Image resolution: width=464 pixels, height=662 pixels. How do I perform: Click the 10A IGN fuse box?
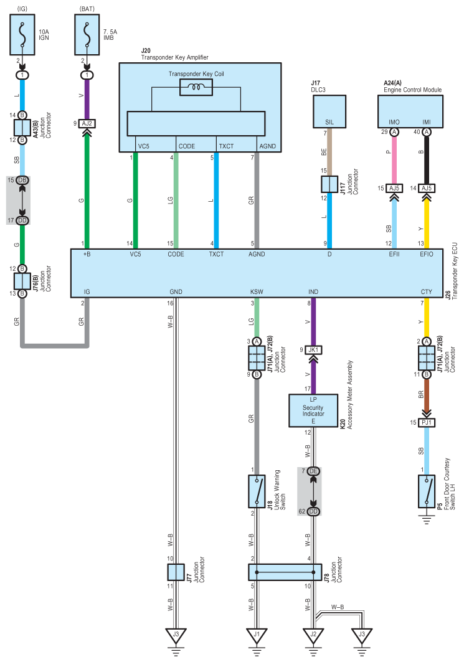(22, 35)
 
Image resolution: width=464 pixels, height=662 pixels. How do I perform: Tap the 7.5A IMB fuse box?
(87, 35)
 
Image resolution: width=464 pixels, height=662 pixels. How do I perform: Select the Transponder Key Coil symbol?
(196, 87)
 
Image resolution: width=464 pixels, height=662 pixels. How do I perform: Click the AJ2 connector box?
(87, 123)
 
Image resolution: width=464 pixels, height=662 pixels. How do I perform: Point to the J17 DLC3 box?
(329, 111)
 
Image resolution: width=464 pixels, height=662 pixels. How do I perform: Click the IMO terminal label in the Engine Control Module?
(394, 122)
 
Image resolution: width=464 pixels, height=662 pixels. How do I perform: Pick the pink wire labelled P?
(394, 160)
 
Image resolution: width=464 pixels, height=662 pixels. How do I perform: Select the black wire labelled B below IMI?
(427, 160)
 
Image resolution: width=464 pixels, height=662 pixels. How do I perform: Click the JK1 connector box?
(313, 349)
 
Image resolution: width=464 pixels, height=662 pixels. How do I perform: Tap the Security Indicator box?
(313, 410)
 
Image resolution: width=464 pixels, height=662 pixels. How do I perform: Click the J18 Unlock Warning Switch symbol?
(257, 491)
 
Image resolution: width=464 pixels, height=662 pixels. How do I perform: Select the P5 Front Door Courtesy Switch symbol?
(427, 491)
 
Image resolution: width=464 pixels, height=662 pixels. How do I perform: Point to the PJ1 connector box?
(427, 422)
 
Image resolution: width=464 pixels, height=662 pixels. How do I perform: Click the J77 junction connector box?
(176, 572)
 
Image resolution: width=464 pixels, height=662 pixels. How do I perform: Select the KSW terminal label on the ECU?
(257, 291)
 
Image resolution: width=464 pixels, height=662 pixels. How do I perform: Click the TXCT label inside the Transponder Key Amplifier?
(226, 146)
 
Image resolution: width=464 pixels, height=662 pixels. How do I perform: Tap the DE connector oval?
(313, 471)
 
